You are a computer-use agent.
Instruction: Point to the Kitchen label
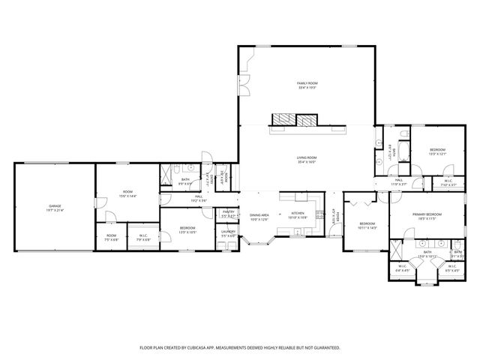click(297, 214)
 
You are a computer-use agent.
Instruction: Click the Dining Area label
click(259, 216)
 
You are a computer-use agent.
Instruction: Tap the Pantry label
click(229, 212)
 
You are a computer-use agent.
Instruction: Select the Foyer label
click(338, 217)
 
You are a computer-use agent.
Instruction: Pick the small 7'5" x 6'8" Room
click(111, 236)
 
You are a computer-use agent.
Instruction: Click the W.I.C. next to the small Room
click(143, 236)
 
